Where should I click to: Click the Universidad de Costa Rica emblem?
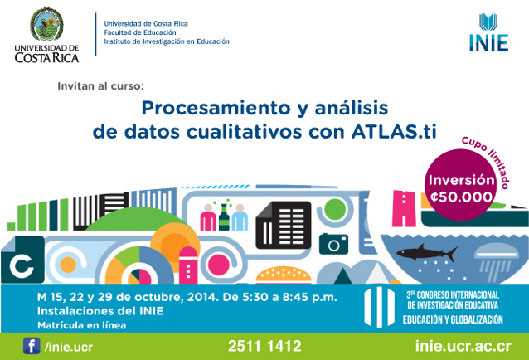point(46,25)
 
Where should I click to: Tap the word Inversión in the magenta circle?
point(461,179)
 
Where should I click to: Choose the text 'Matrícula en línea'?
point(81,324)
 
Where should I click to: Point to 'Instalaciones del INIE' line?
point(99,310)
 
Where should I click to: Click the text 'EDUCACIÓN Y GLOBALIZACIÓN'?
point(454,319)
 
